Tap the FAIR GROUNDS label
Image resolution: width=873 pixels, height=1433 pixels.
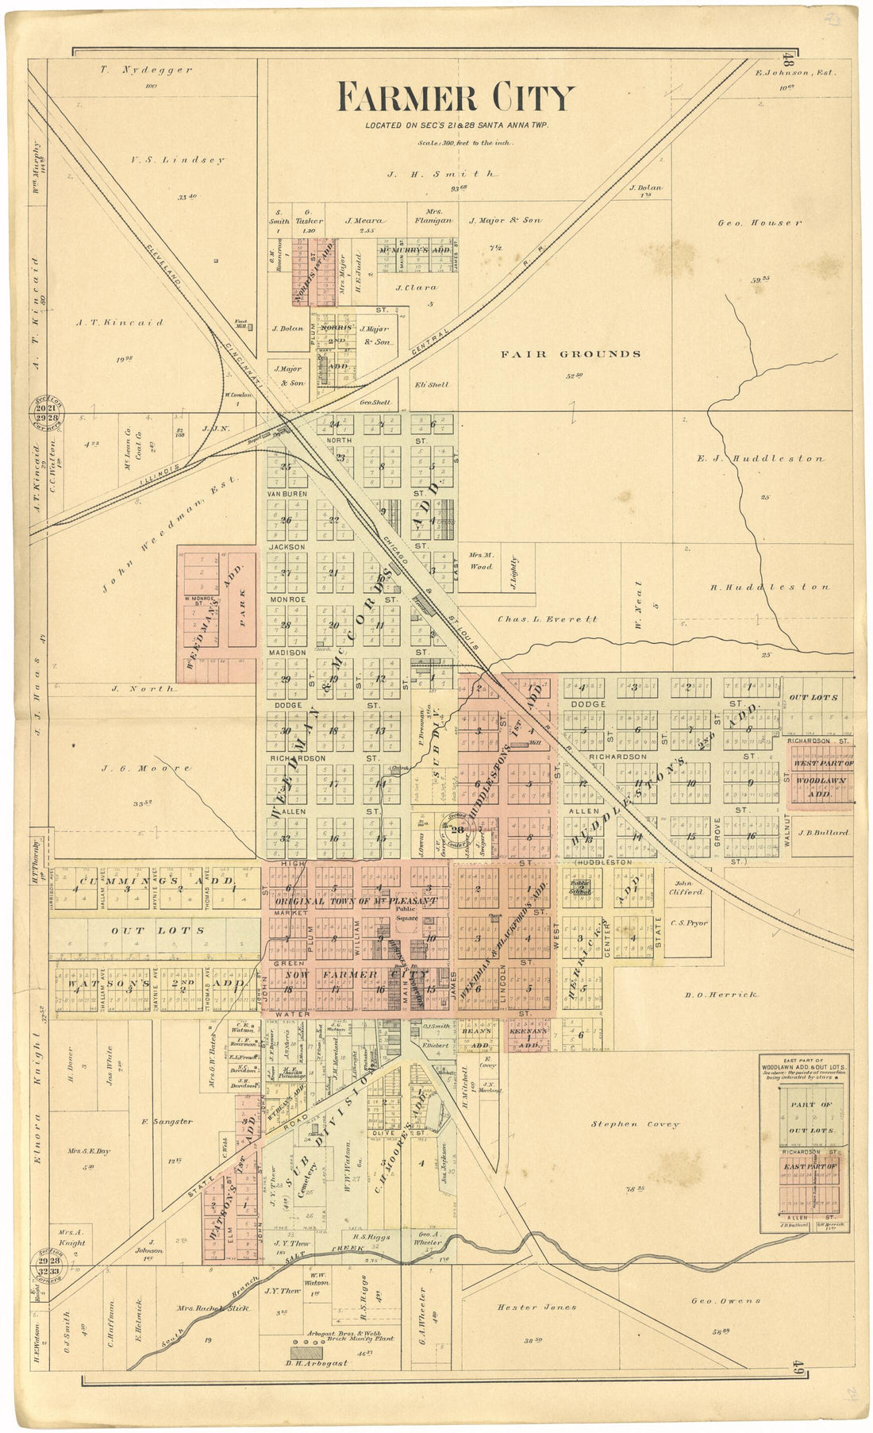(x=570, y=354)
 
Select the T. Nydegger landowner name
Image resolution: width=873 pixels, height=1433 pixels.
(x=146, y=70)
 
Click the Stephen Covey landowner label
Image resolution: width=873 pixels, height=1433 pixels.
(x=635, y=1124)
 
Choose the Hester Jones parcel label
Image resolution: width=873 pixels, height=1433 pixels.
(x=536, y=1307)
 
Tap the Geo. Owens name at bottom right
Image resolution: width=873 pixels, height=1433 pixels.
(x=725, y=1300)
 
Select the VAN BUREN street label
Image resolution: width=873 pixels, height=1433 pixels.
(x=287, y=494)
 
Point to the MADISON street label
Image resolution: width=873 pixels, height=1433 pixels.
(x=287, y=653)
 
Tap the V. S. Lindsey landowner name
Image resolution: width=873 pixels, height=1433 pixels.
(x=178, y=160)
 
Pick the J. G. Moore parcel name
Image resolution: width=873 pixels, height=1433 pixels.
(x=146, y=769)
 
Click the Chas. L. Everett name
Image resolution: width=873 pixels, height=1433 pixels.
(x=547, y=618)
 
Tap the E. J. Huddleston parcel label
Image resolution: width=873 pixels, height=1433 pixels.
(x=760, y=458)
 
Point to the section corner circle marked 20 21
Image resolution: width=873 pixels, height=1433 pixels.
(x=47, y=410)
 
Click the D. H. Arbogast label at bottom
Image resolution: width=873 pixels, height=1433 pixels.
(x=316, y=1363)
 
